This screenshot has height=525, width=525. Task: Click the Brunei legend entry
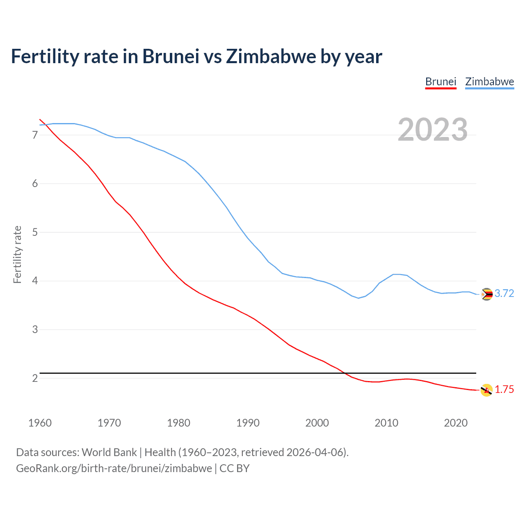pos(441,82)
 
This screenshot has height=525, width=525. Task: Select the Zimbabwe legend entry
pos(489,82)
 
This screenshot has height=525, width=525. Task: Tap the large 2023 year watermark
pos(433,130)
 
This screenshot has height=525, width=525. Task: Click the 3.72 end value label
pos(504,294)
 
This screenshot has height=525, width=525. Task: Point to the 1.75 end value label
pos(504,390)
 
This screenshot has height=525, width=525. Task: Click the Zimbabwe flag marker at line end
pos(486,294)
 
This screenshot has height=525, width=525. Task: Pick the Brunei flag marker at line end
pos(486,390)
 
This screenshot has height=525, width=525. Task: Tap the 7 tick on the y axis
pos(35,135)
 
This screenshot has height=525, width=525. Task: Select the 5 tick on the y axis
pos(35,232)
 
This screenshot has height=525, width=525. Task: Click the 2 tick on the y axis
pos(35,378)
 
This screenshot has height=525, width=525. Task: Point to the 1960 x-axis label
pos(40,423)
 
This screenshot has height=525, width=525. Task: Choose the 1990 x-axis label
pos(248,423)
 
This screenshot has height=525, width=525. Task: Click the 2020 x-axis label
pos(456,423)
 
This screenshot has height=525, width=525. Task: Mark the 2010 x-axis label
pos(386,423)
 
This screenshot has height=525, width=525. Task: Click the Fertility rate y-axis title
pos(17,254)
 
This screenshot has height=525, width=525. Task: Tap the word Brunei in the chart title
pos(171,57)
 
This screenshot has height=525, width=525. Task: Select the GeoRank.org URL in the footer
pos(114,468)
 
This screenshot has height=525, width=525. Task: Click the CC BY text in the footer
pos(235,468)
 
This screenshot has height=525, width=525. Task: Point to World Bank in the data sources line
pos(109,452)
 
